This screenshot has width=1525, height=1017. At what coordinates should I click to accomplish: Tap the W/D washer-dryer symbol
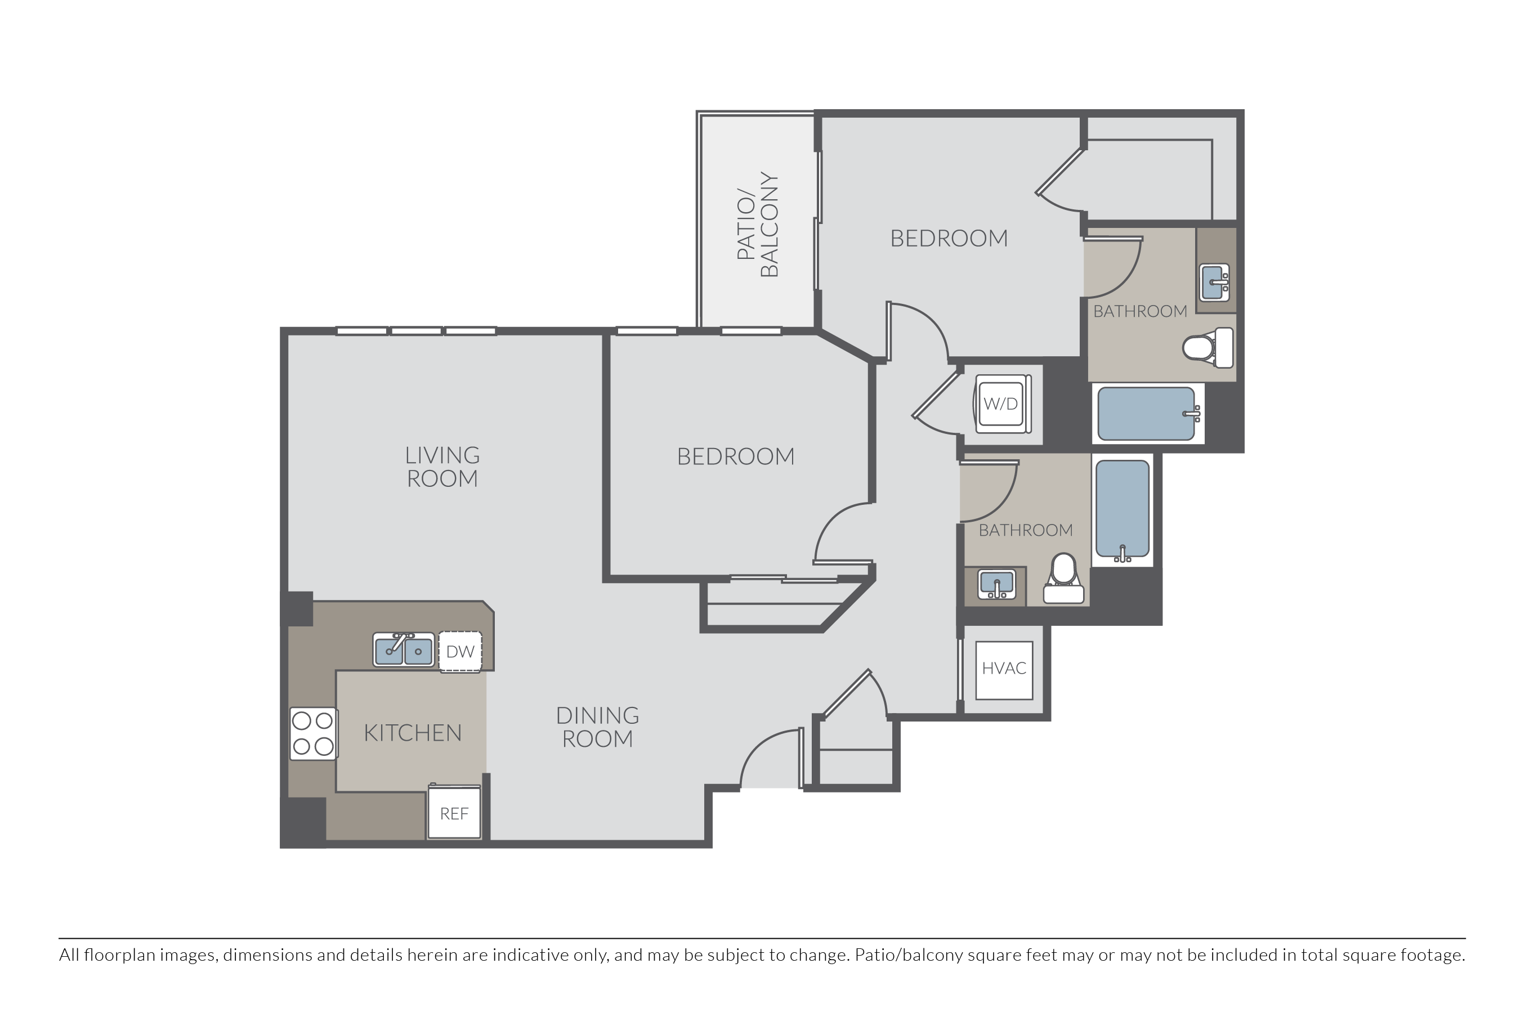tap(1001, 404)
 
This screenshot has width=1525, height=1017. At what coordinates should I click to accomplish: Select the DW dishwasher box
tap(460, 652)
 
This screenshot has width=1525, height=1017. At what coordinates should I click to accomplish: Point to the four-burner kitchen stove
tap(312, 733)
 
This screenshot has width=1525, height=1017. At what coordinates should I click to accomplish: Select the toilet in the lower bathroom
tap(1063, 579)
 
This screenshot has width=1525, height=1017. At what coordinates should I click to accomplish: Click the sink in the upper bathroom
tap(1214, 283)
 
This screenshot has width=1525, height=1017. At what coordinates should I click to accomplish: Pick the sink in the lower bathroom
tap(996, 584)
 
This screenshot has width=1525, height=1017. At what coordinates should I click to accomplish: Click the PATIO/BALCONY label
tap(757, 225)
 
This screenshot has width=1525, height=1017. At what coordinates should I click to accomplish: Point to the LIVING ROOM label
tap(442, 467)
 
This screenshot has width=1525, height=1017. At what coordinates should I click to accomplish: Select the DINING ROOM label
tap(597, 727)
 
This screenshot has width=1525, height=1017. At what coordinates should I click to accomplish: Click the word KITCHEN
tap(413, 733)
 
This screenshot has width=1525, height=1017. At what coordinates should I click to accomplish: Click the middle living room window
tap(416, 331)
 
